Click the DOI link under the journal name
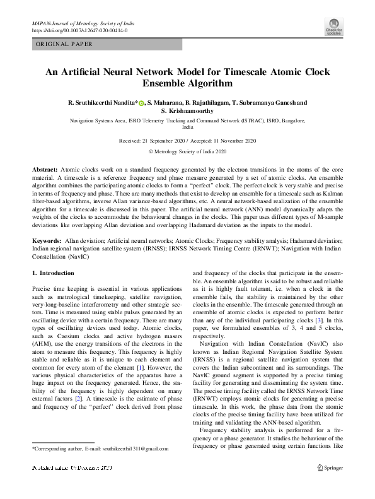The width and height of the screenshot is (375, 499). (x=79, y=30)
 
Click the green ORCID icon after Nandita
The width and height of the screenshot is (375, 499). (x=142, y=102)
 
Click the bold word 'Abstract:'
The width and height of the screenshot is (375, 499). (x=45, y=171)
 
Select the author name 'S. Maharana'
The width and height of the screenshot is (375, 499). (x=166, y=102)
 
